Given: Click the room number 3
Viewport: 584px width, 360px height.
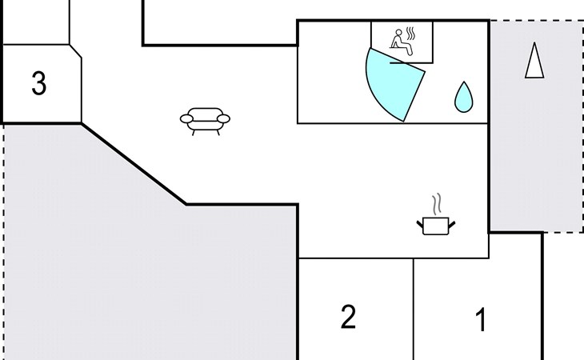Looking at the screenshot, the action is tap(39, 82).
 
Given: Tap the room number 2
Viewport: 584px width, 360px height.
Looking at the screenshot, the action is tap(348, 317).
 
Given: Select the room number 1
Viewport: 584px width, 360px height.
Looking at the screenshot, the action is tap(482, 319).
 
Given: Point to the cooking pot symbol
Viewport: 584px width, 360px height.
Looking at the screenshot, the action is tap(436, 226).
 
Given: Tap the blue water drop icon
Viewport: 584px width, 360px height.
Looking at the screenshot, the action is tap(464, 98).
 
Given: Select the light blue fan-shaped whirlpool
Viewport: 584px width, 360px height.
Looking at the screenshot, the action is tap(393, 84).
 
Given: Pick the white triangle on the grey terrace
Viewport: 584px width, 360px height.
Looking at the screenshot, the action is tap(534, 62).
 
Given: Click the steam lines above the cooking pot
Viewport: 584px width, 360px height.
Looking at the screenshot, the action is tap(437, 204).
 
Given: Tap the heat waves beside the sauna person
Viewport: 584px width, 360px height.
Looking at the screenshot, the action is tap(410, 34).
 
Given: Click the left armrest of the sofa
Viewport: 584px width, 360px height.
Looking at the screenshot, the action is tap(186, 118).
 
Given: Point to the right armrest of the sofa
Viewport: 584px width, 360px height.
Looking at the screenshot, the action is tap(223, 118).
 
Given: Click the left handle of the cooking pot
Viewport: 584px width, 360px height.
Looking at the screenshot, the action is tap(420, 225).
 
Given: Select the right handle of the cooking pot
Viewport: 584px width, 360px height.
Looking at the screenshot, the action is tap(451, 225).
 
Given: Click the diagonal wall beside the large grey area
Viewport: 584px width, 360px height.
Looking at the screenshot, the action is tap(134, 164).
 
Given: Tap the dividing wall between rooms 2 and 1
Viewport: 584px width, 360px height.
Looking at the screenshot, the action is tap(414, 309).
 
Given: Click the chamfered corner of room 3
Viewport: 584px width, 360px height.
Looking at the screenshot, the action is tap(76, 51).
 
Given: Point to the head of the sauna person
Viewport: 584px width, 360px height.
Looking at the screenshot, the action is tap(399, 32).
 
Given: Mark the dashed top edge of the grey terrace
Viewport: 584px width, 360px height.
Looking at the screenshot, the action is tap(536, 21).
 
